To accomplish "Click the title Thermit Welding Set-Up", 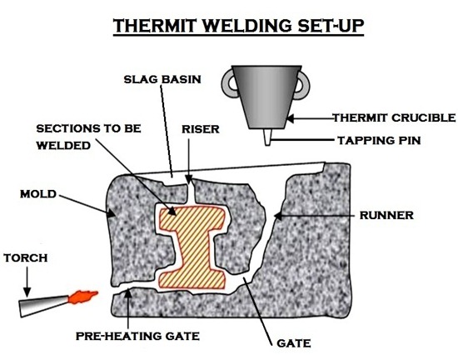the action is tap(239, 26).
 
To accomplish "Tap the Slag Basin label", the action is tap(162, 79).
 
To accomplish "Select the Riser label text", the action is tap(201, 129).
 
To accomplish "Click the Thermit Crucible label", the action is tap(395, 117).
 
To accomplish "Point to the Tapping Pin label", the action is tap(379, 141).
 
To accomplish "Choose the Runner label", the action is tap(386, 215).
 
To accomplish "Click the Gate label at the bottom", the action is tap(294, 343).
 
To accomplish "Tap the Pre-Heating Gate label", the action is tap(137, 336).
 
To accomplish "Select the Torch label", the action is tap(26, 258).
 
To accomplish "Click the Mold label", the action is tap(38, 194).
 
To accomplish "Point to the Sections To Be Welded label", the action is tap(88, 137).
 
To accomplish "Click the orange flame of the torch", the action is tap(82, 297).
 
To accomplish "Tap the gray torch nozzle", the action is tap(44, 306).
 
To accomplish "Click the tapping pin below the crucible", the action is tap(267, 137).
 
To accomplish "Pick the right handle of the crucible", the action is tap(302, 85).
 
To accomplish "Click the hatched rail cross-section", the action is tap(192, 247).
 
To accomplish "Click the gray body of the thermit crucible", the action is tap(267, 97).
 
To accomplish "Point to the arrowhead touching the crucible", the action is tap(291, 118).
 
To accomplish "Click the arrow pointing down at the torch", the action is tap(27, 282).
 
